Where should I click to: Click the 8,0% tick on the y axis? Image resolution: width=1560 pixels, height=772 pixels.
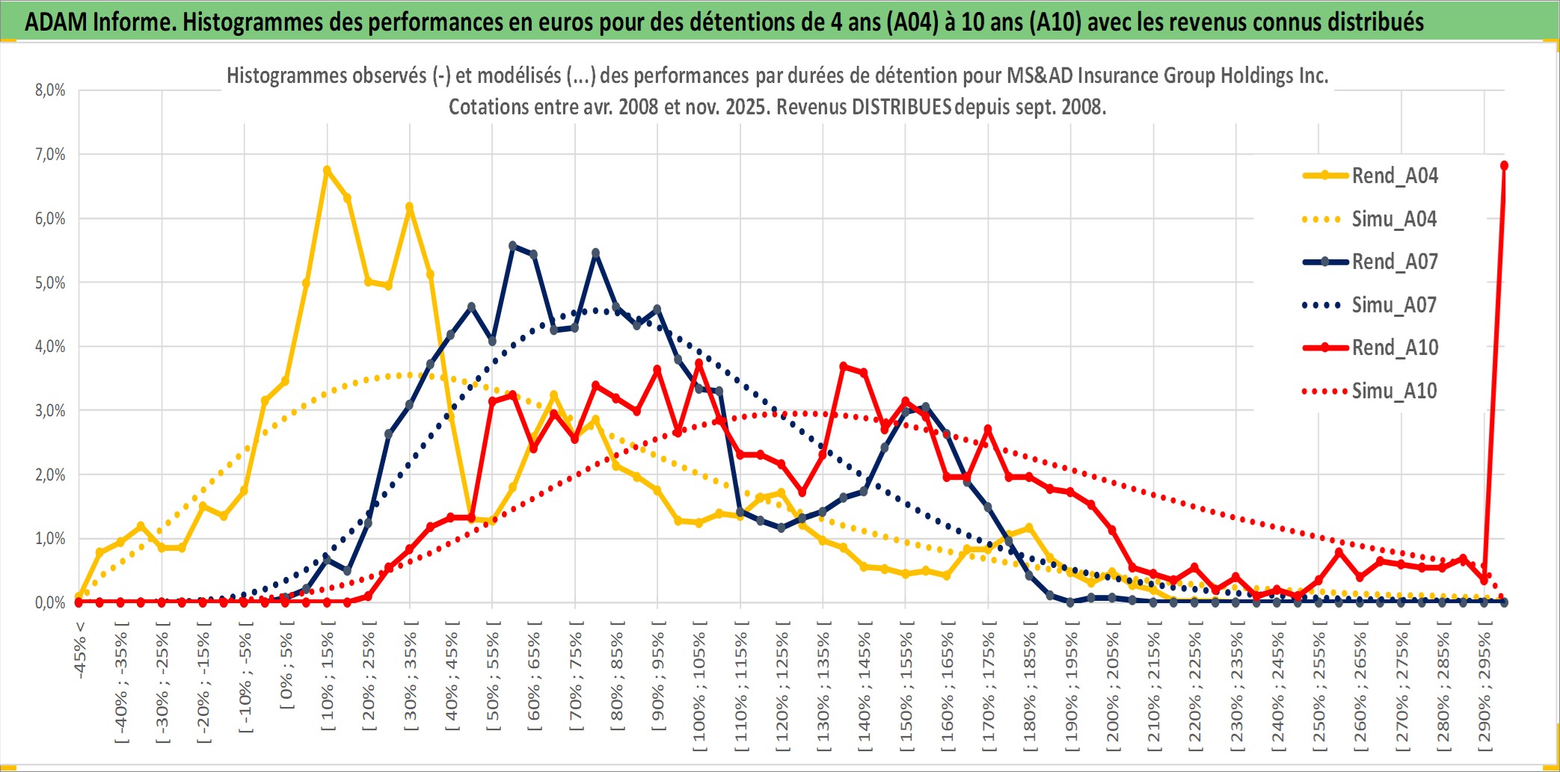[x=50, y=90]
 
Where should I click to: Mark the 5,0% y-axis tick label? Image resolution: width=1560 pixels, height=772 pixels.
[x=50, y=282]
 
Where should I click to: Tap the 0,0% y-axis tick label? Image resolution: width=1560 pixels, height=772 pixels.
[x=50, y=602]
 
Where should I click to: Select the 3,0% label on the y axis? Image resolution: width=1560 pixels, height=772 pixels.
[x=50, y=410]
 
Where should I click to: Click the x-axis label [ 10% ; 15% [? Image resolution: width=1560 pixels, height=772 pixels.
[x=328, y=680]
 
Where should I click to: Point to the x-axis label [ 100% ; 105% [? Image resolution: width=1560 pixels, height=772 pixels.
[x=699, y=688]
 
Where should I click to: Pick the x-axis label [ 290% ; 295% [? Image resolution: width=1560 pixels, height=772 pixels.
[x=1484, y=688]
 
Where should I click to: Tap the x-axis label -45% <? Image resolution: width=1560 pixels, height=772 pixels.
[x=80, y=650]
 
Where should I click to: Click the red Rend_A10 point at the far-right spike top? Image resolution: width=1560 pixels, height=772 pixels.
[x=1504, y=165]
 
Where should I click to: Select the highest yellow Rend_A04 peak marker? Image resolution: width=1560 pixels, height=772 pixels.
[x=327, y=170]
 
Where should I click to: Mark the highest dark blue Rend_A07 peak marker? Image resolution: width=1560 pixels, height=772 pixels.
[x=512, y=245]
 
